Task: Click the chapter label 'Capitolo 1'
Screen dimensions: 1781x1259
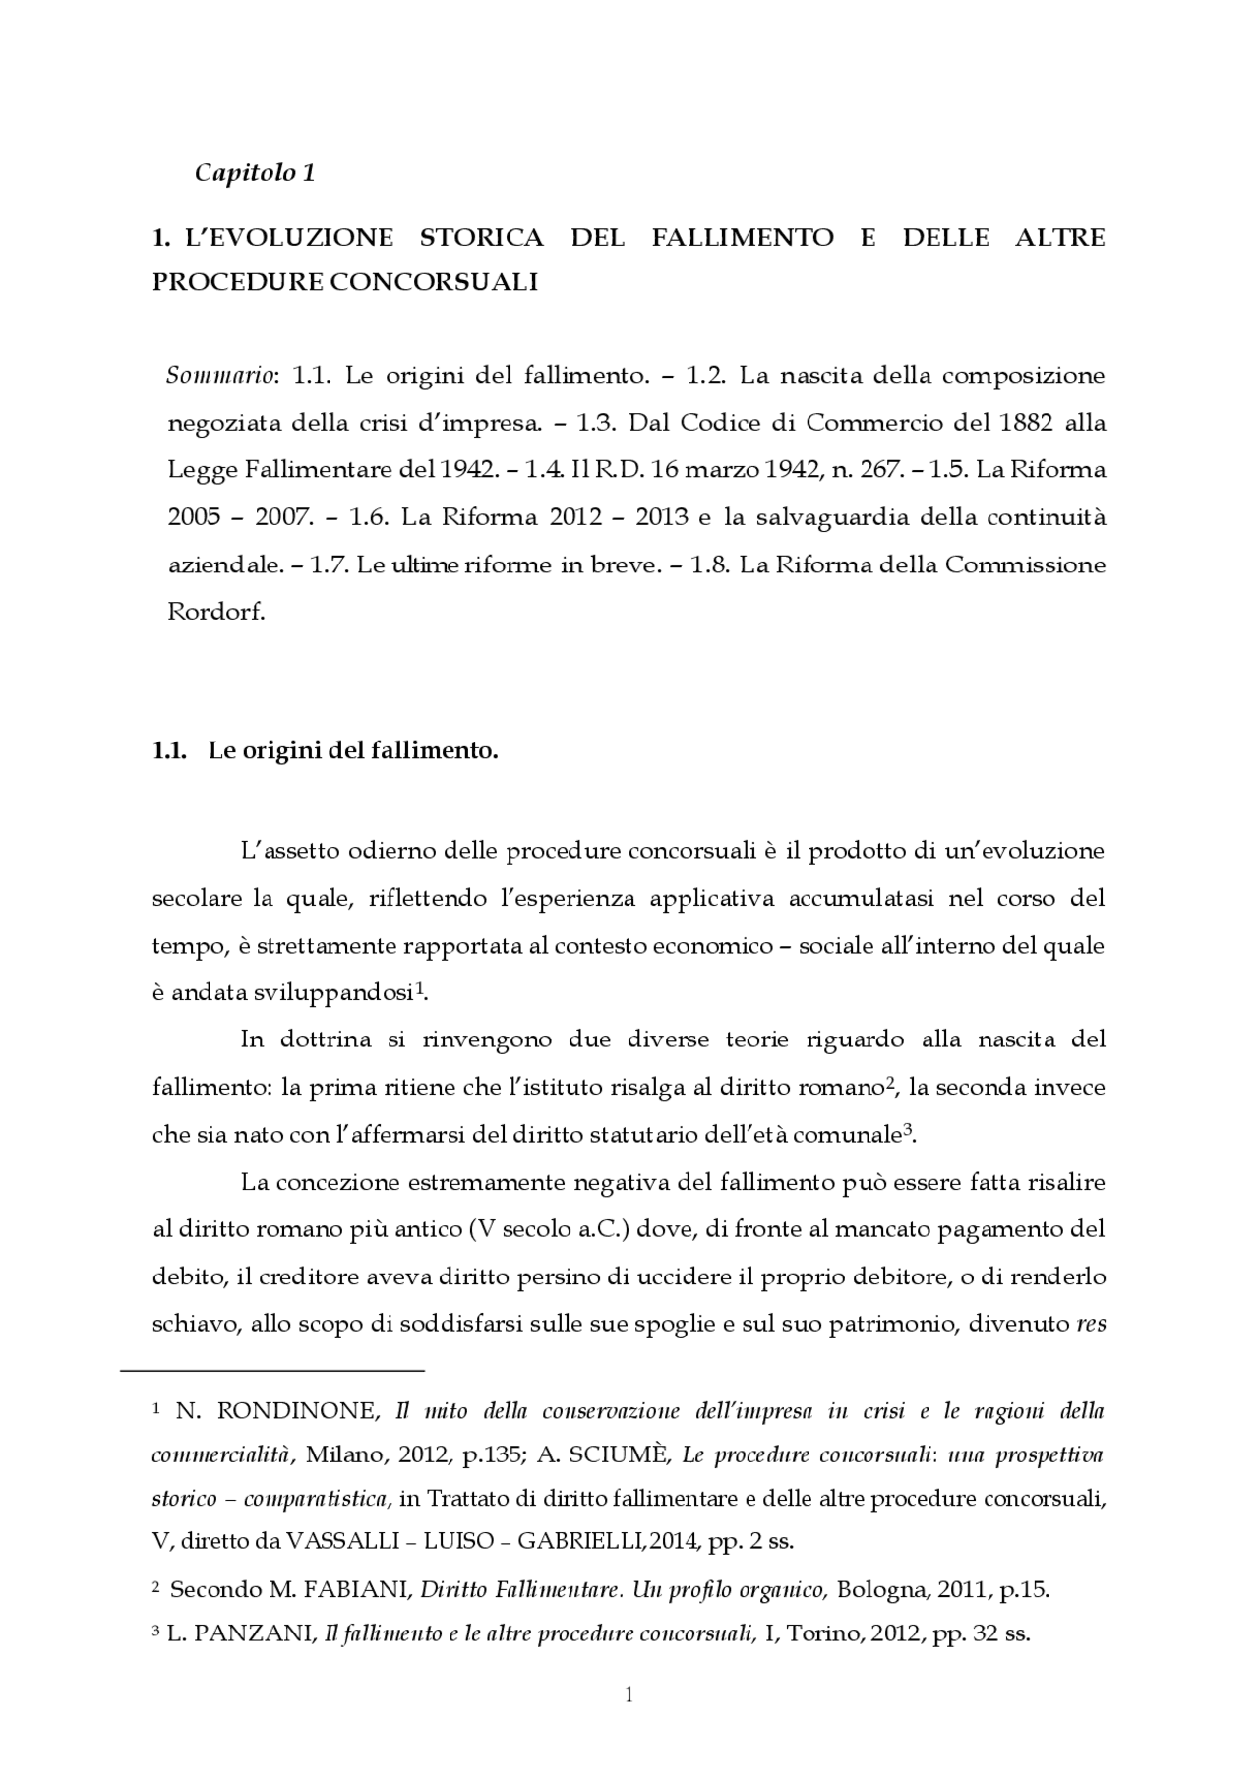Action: [255, 173]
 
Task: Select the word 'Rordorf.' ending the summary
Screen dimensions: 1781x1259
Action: [216, 612]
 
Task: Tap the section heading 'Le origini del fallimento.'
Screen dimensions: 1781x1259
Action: [353, 751]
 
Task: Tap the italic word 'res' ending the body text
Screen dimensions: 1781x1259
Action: [1091, 1325]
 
